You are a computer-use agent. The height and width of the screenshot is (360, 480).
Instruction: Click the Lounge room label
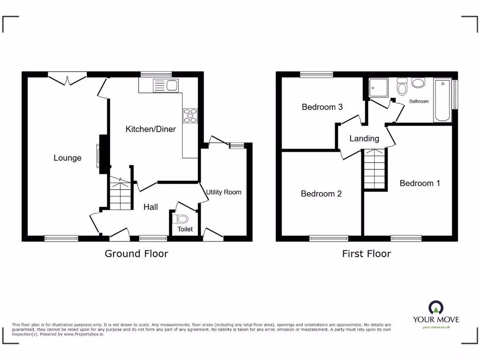coord(67,158)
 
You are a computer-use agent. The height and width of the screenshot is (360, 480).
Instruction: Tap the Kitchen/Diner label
coord(150,129)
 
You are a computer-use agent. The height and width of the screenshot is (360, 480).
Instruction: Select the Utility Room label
coord(224,192)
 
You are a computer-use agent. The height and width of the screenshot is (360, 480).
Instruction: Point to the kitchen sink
coord(166,85)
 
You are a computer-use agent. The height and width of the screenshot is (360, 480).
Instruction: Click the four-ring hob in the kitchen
coord(190,115)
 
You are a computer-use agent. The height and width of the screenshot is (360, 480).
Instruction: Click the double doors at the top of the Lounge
coord(67,78)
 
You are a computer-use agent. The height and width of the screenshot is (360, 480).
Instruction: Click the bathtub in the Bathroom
coord(442,101)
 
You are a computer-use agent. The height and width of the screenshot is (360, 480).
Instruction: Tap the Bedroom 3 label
coord(322,107)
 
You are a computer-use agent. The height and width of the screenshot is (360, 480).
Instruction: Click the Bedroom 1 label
coord(420,183)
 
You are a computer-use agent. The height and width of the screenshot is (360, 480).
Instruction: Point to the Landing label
coord(364,138)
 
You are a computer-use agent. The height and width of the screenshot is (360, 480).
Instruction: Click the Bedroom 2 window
coord(329,238)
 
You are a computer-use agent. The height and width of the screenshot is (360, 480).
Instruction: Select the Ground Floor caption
coord(136,254)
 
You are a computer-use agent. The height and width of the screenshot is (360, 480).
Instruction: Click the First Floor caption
coord(366,254)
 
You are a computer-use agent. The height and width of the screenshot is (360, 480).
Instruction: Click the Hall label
coord(150,207)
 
